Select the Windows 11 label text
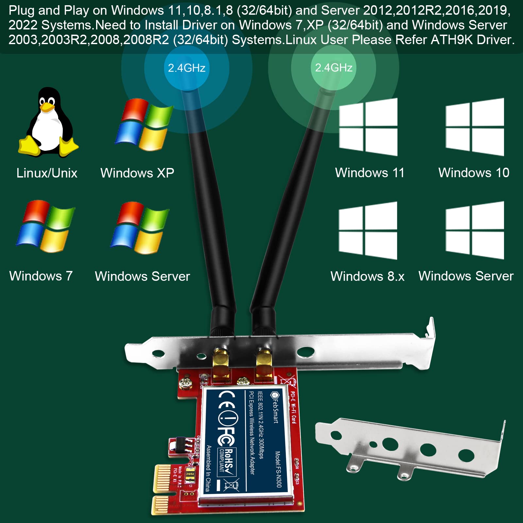pos(369,173)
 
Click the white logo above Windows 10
pos(475,127)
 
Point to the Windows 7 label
pos(41,276)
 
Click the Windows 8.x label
pos(367,277)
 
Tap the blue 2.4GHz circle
pos(187,68)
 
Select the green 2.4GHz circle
pos(333,68)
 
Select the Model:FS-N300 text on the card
pos(278,469)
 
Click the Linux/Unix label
pos(47,173)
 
